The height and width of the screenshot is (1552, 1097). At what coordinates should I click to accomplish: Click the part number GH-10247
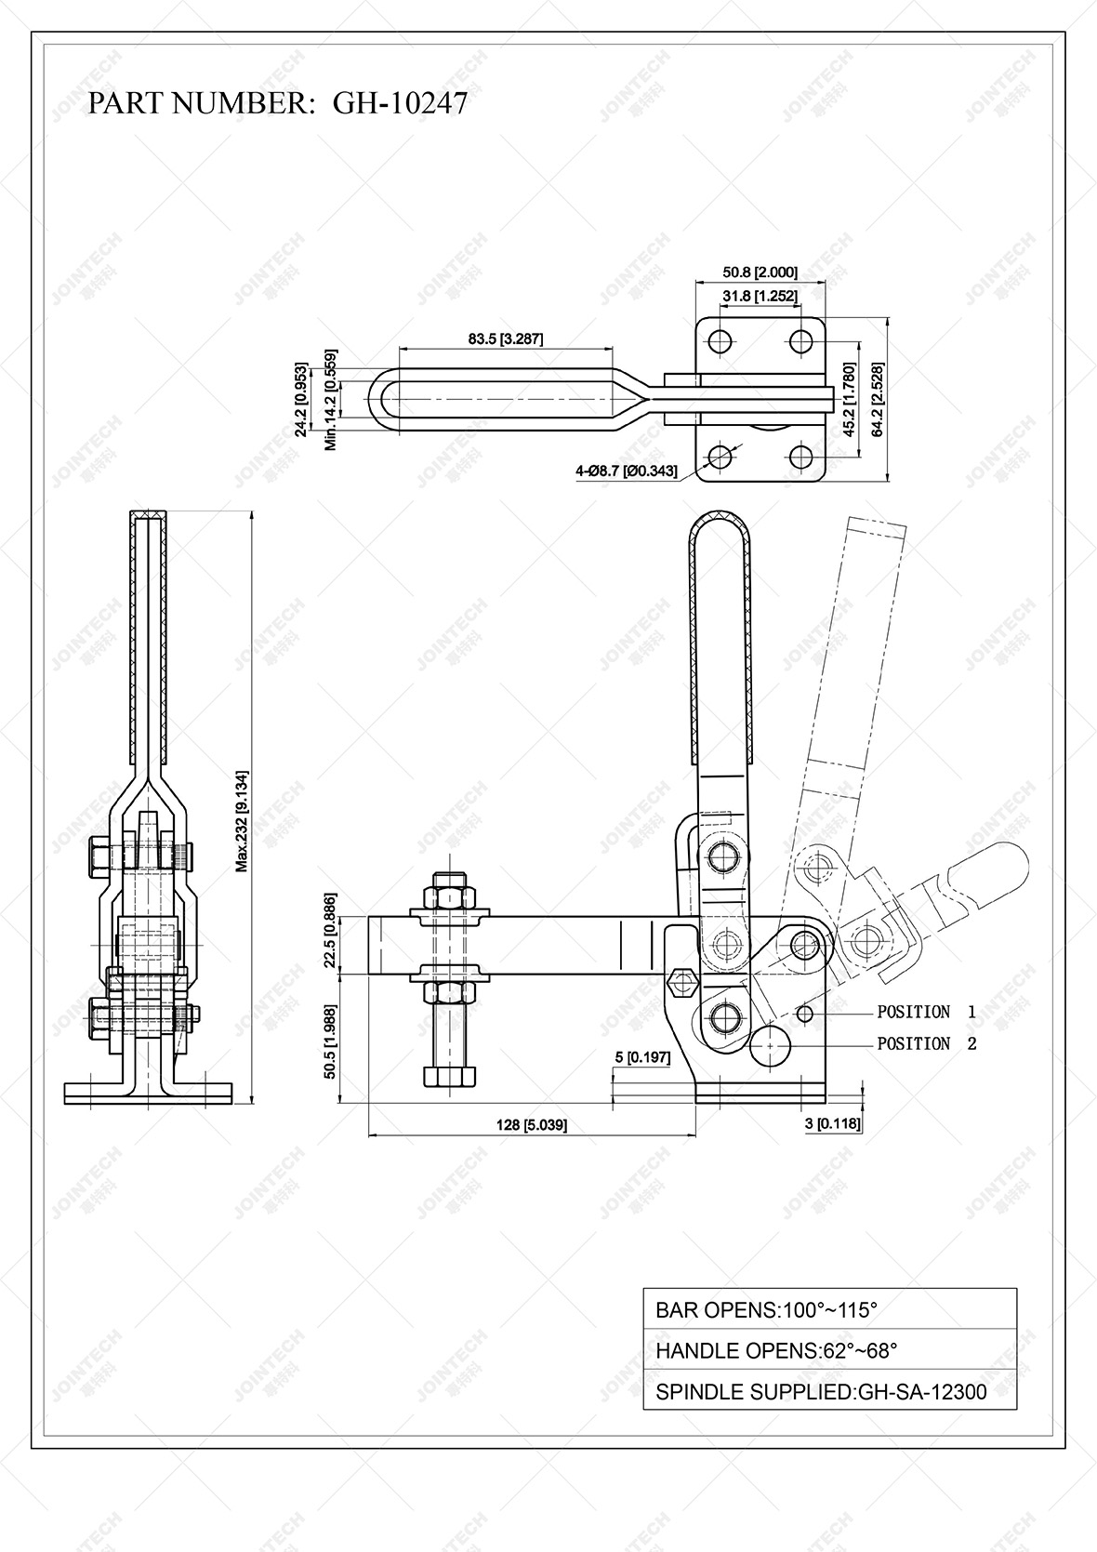(x=400, y=103)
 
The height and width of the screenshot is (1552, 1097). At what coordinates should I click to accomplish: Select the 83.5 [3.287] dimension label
(x=506, y=339)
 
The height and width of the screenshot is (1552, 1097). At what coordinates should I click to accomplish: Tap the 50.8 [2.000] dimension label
(x=760, y=272)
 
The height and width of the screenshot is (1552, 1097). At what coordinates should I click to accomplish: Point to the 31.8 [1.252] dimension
(x=760, y=296)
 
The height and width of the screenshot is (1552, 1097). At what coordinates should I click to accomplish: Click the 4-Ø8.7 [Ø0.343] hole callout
(x=626, y=471)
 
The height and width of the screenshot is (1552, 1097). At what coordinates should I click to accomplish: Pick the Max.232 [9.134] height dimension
(x=241, y=820)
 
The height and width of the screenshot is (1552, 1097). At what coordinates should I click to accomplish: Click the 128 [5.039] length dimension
(x=531, y=1124)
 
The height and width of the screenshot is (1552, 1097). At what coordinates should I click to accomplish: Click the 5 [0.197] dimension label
(x=642, y=1057)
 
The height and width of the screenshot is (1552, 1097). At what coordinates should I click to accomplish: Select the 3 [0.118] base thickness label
(x=832, y=1123)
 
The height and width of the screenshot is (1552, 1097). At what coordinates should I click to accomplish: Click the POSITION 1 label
(x=926, y=1012)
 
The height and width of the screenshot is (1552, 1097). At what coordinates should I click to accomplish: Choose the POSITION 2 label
(x=926, y=1043)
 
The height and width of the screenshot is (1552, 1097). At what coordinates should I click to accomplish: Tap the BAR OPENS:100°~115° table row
(x=829, y=1310)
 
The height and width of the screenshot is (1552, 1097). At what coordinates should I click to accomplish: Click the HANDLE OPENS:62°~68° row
(x=829, y=1350)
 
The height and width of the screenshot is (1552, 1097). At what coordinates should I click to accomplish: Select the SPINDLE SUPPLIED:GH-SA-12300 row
(x=829, y=1391)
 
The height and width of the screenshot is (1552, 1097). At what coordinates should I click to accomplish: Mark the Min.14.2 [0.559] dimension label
(x=330, y=401)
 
